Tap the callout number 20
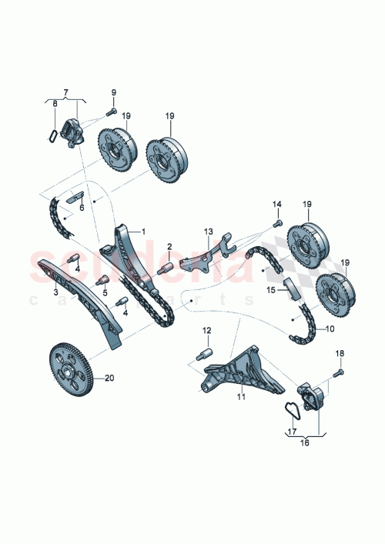[109, 378]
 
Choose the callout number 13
[209, 231]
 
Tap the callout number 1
[142, 230]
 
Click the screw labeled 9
[109, 112]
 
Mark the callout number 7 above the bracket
[65, 92]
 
